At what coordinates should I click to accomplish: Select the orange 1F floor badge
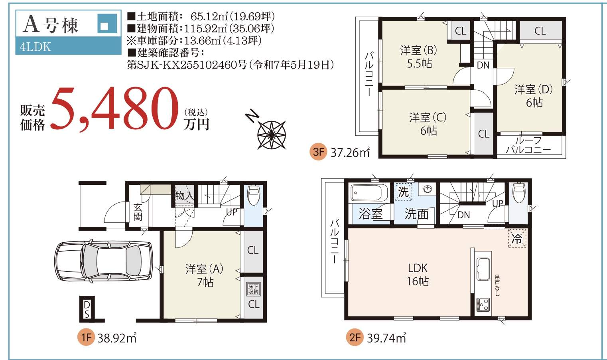(86, 338)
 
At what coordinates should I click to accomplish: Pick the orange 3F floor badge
(318, 152)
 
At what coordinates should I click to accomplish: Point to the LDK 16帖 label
(418, 275)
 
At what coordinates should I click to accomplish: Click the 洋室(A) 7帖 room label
(205, 275)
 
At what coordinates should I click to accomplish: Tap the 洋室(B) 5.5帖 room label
(419, 57)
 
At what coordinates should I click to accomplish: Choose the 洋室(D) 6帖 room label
(534, 96)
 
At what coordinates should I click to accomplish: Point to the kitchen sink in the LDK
(483, 269)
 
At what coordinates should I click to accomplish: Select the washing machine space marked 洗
(403, 192)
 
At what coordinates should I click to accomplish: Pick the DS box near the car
(87, 309)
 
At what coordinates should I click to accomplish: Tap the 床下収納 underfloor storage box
(253, 289)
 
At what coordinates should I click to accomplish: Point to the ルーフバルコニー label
(528, 145)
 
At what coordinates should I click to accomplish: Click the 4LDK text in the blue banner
(35, 47)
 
